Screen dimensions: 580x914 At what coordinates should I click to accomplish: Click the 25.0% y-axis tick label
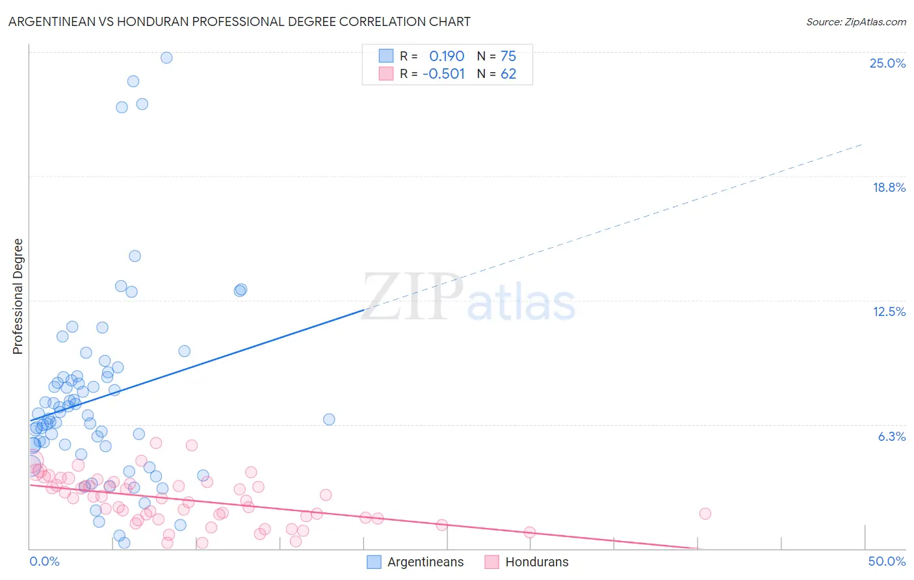(887, 63)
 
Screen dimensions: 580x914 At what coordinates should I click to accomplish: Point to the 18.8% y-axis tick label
(889, 187)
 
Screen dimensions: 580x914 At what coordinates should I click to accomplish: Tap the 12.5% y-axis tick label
(889, 311)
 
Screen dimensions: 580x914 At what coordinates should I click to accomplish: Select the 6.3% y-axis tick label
(891, 436)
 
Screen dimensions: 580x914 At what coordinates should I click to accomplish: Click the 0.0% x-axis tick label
(44, 561)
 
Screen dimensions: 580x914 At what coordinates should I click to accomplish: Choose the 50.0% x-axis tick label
(887, 561)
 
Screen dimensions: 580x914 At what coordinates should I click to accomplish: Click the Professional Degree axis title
(18, 297)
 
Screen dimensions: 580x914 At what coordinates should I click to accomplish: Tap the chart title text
(239, 21)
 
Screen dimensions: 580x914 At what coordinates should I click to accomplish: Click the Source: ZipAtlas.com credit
(855, 21)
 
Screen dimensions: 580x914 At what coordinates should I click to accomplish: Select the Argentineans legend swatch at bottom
(374, 562)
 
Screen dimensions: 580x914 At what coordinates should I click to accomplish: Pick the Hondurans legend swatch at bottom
(491, 562)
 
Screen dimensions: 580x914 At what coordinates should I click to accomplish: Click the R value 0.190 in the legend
(447, 56)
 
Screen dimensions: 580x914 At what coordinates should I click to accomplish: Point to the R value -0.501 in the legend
(443, 73)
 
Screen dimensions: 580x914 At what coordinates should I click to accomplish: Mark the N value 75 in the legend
(508, 56)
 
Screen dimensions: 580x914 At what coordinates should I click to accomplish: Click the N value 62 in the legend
(508, 73)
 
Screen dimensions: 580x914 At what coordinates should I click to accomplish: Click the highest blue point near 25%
(166, 57)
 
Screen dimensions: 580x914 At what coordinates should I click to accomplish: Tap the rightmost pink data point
(705, 514)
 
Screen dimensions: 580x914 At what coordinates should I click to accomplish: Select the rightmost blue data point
(329, 419)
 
